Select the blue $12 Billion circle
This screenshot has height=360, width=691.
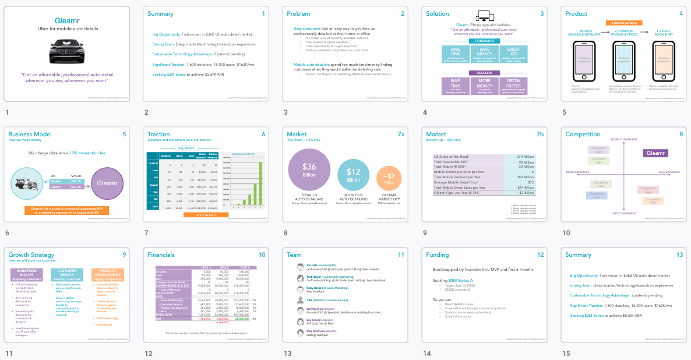(x=353, y=175)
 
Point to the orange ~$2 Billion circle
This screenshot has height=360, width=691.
(x=389, y=178)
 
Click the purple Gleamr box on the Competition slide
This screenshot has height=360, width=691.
(x=655, y=153)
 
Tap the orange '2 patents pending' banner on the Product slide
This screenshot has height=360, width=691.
(x=622, y=23)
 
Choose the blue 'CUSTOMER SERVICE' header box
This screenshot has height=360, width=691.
(x=66, y=274)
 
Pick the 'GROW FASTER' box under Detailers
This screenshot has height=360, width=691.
(x=513, y=86)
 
